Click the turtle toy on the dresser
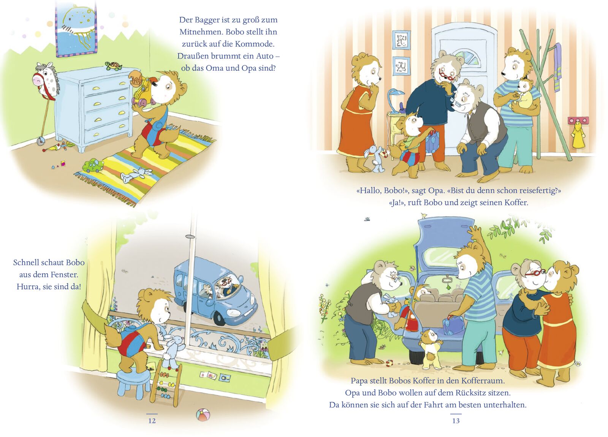[x=114, y=66]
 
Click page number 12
[x=152, y=420]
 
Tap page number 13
[x=456, y=420]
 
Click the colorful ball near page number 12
[x=203, y=415]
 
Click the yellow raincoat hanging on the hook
[x=578, y=135]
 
